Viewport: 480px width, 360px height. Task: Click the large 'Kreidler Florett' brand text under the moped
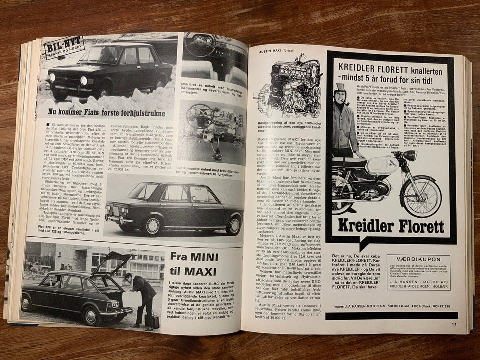point(390,226)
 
